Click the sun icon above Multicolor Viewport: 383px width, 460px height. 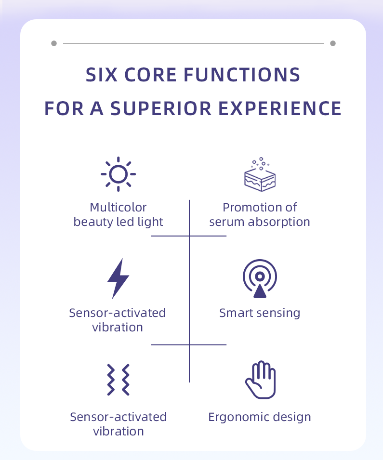[x=118, y=173]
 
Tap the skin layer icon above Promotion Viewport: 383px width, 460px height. [x=260, y=174]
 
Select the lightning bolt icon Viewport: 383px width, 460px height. [x=118, y=278]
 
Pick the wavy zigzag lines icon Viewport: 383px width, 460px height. [x=118, y=380]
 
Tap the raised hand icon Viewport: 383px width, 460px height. [x=260, y=380]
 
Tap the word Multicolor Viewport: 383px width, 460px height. [x=118, y=208]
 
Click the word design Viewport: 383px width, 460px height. [x=295, y=417]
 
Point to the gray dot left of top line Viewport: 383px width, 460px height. [x=54, y=43]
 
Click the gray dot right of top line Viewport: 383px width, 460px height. [x=333, y=43]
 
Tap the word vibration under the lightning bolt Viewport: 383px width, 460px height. [x=118, y=328]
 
